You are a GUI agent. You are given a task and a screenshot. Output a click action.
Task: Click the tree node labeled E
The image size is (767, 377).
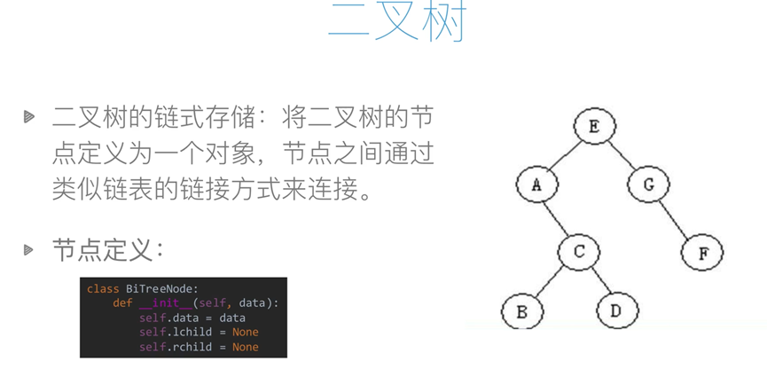[x=593, y=127]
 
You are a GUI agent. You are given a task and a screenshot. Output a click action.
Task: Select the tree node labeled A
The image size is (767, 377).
[x=537, y=185]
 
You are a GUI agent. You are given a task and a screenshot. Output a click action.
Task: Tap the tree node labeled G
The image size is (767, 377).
[x=649, y=185]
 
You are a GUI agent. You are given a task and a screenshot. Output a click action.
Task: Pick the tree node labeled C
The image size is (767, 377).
[x=579, y=252]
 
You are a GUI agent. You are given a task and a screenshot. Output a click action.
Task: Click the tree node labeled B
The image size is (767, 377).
[x=521, y=311]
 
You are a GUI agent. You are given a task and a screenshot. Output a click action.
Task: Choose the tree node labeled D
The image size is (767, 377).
[x=617, y=310]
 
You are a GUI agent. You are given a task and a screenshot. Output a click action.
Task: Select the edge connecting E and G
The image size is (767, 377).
[x=622, y=156]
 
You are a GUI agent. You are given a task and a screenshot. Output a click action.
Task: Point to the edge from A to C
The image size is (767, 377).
[x=558, y=218]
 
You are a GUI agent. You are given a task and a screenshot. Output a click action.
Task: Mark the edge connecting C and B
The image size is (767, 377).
[x=551, y=281]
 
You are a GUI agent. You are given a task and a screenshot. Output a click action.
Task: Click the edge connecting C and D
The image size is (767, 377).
[x=599, y=281]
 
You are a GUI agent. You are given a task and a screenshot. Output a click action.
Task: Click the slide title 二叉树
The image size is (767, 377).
[x=396, y=22]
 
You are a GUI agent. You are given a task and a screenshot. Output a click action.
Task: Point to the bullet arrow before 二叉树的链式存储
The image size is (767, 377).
[x=29, y=116]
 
